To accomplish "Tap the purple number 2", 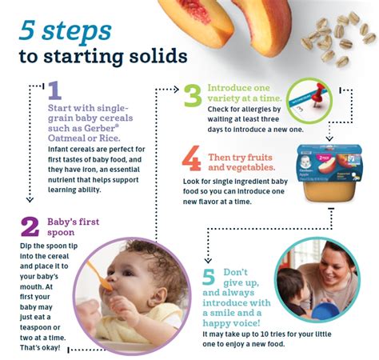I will (x=30, y=226).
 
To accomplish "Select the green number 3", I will (x=193, y=94).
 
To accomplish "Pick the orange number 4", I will (x=192, y=159).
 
